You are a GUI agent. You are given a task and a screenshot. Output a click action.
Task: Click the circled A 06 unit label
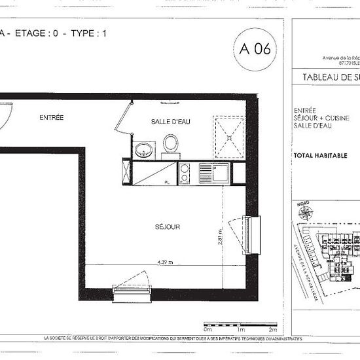(255, 48)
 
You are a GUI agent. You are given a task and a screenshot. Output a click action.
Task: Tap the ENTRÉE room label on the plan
(51, 118)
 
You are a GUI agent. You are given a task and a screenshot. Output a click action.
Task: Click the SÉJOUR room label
(168, 226)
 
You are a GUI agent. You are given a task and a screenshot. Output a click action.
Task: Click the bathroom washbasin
(143, 150)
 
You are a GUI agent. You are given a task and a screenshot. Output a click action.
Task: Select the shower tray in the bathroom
(228, 135)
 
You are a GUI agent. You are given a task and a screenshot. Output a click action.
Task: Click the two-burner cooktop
(185, 173)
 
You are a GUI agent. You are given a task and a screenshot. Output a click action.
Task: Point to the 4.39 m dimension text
(165, 262)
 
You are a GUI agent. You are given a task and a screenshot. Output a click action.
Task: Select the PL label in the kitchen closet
(168, 182)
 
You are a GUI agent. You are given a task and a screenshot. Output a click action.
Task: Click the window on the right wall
(252, 235)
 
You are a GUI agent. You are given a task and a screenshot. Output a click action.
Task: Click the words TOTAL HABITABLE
(319, 156)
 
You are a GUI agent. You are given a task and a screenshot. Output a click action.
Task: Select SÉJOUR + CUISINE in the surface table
(322, 118)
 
